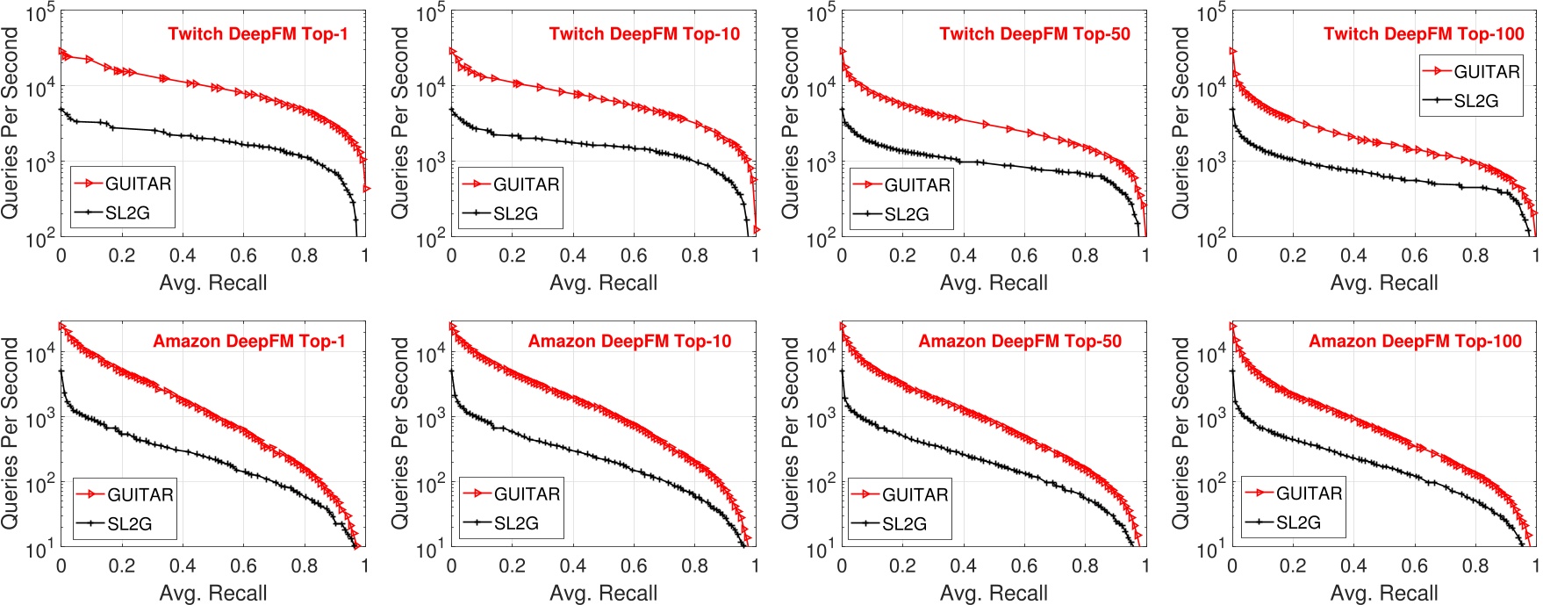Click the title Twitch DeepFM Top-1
click(257, 34)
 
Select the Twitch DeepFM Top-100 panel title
click(1424, 34)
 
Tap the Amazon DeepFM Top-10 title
click(629, 342)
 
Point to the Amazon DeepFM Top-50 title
click(1020, 342)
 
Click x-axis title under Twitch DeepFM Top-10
click(603, 283)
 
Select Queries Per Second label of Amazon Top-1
click(11, 433)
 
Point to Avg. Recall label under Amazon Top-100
click(1384, 594)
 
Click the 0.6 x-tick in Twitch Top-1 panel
click(243, 256)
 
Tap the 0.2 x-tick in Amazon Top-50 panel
click(902, 566)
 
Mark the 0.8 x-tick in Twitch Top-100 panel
click(1475, 256)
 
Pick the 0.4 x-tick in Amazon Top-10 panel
click(573, 566)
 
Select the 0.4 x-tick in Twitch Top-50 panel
click(963, 256)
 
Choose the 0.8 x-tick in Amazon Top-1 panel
click(305, 566)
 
